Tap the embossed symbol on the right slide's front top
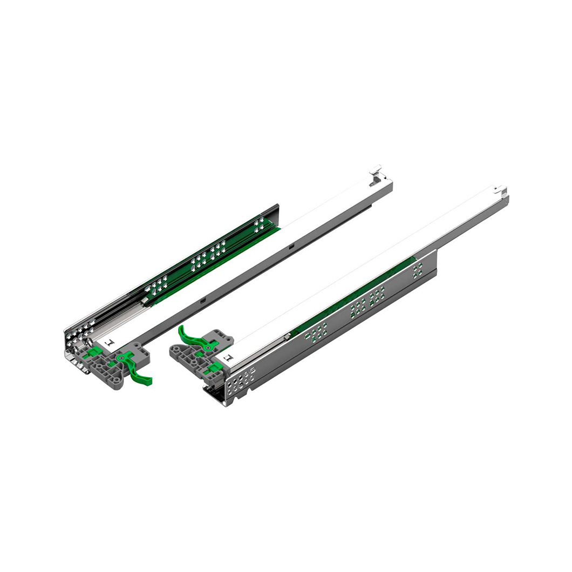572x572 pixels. point(227,357)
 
